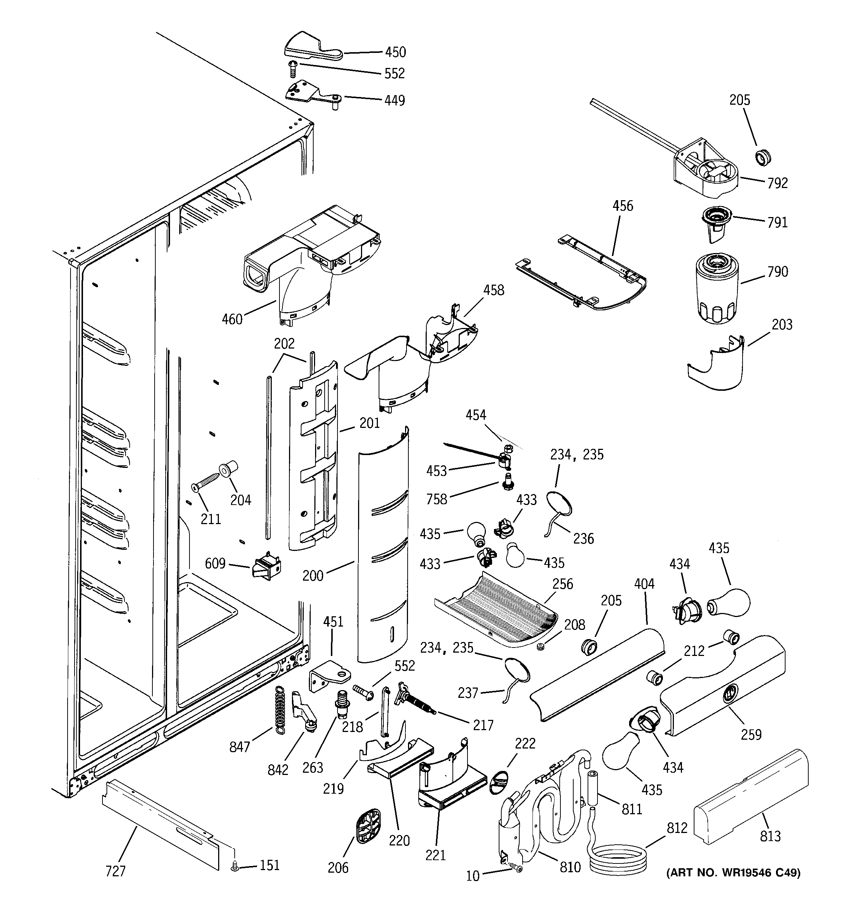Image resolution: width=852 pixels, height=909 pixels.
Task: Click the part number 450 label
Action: [x=395, y=52]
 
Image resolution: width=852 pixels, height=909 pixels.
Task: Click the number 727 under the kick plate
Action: [x=115, y=871]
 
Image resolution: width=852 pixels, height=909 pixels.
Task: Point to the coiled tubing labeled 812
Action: [x=618, y=860]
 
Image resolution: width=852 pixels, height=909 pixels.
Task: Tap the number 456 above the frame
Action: [x=622, y=206]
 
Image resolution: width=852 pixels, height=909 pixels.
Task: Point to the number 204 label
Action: [x=241, y=500]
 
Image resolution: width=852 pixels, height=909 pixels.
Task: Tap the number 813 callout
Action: [x=770, y=836]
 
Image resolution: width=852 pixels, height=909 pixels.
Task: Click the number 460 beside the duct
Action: [x=232, y=319]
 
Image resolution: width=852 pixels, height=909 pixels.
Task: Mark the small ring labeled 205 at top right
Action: [x=762, y=157]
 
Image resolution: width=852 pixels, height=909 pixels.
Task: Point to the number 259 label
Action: [x=751, y=734]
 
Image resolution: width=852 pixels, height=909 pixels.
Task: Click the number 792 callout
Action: [x=777, y=183]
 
